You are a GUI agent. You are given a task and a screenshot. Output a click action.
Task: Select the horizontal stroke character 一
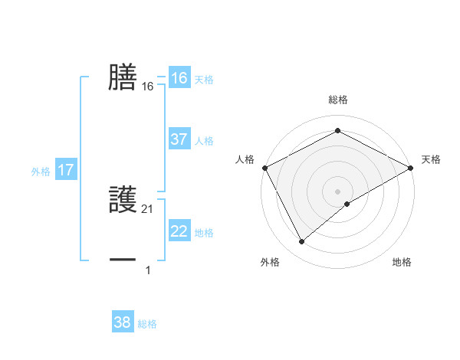point(123,260)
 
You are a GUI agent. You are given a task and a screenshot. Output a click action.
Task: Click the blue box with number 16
point(179,78)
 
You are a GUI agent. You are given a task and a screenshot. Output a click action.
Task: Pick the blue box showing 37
point(179,139)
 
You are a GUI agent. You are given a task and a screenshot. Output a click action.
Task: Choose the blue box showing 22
point(179,231)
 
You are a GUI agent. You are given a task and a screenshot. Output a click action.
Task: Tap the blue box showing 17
point(66,170)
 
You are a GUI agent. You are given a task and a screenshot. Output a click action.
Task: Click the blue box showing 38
point(123,322)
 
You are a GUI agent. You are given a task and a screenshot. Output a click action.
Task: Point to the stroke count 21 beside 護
point(148,209)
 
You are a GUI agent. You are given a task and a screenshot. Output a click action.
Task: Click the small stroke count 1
point(148,270)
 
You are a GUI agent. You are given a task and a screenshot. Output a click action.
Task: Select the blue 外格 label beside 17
point(41,172)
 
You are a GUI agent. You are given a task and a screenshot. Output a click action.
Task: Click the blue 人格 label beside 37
point(204,141)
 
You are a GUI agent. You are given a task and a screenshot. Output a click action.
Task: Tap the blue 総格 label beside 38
point(147,324)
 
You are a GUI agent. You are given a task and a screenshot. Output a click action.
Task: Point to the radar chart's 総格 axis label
point(337,100)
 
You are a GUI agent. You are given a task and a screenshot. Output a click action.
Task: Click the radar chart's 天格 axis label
point(431,159)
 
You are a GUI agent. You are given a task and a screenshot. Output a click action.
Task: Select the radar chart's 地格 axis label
point(402,263)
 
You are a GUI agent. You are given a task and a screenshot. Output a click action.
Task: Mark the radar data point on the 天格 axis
point(412,167)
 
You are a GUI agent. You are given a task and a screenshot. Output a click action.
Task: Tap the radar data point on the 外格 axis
point(302,241)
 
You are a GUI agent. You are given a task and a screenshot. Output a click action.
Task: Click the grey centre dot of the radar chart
point(337,191)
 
